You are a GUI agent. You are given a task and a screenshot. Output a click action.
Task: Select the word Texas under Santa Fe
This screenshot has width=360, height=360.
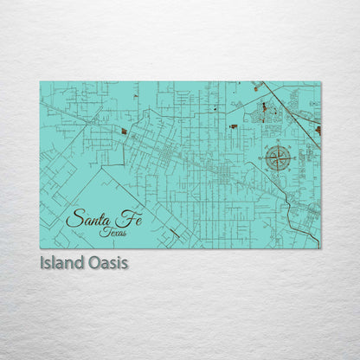(x=112, y=231)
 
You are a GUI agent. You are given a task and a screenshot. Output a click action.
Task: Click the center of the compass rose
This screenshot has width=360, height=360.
(x=279, y=158)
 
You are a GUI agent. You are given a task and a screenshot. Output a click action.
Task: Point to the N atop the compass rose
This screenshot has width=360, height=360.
(x=279, y=145)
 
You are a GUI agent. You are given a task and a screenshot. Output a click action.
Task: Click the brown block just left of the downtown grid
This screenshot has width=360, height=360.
(x=124, y=132)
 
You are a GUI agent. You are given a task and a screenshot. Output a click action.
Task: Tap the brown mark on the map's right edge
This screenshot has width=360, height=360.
(x=318, y=130)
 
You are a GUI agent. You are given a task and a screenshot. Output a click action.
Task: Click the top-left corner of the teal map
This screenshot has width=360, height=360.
(x=40, y=82)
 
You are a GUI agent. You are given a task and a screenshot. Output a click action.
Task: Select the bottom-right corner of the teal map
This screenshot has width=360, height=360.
(x=320, y=248)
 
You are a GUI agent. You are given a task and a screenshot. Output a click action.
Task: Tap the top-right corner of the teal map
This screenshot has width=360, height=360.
(x=320, y=82)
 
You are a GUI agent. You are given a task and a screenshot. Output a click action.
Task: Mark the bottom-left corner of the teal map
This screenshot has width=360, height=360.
(x=40, y=248)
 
